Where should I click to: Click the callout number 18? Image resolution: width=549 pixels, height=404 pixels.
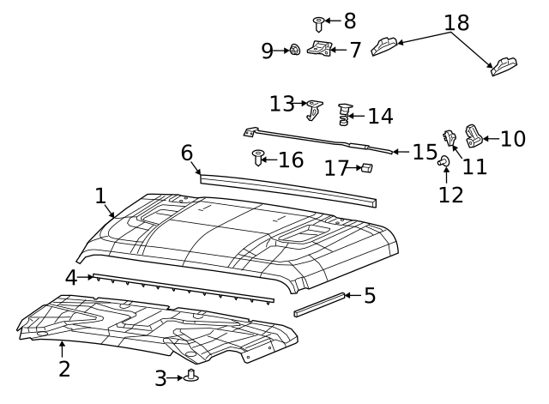(456, 23)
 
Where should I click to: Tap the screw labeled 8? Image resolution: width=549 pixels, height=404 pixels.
(318, 22)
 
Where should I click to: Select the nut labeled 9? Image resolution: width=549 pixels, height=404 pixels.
(294, 51)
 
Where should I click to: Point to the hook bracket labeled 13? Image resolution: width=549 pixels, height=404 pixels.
(315, 108)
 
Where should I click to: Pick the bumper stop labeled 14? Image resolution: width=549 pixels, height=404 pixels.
(345, 114)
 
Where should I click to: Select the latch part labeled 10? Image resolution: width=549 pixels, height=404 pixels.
(474, 136)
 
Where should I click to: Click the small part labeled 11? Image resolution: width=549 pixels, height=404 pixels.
(449, 137)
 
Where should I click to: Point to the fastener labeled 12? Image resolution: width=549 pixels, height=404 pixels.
(444, 160)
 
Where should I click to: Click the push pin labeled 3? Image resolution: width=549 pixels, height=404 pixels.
(190, 376)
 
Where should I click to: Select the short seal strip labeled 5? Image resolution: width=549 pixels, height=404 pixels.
(320, 305)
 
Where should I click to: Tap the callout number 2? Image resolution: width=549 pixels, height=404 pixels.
(63, 369)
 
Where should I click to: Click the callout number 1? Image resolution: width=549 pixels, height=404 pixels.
(100, 196)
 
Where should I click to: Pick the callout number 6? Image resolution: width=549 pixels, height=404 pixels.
(187, 153)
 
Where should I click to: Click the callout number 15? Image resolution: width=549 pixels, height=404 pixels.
(425, 152)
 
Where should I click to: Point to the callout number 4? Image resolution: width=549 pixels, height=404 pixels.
(71, 277)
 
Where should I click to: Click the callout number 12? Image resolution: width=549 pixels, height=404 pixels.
(450, 195)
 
